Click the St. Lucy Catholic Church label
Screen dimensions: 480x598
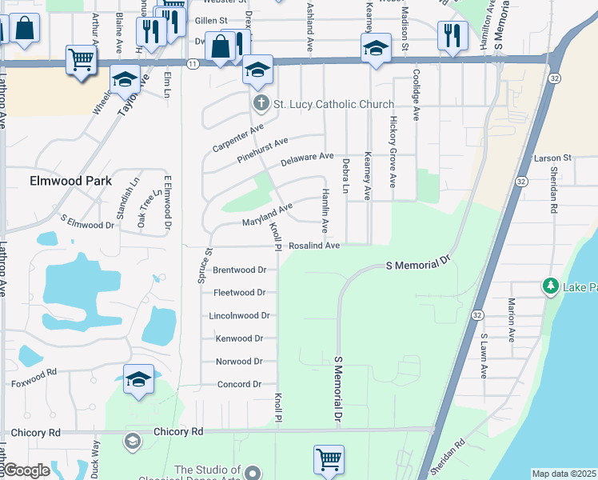coord(333,104)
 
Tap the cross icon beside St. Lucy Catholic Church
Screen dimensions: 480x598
coord(260,103)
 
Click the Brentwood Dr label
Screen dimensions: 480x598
coord(239,270)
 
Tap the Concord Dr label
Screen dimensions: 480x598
coord(239,385)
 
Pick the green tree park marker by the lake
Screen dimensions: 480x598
coord(550,286)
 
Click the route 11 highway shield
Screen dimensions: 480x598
coord(193,63)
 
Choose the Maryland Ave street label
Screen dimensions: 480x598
coord(268,214)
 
